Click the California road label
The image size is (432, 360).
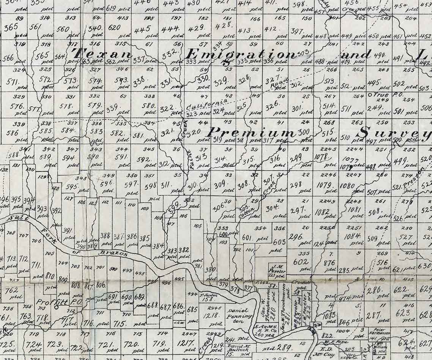[x=207, y=104]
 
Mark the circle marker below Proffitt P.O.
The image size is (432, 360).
[x=56, y=308]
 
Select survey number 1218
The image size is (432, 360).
[x=211, y=315]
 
